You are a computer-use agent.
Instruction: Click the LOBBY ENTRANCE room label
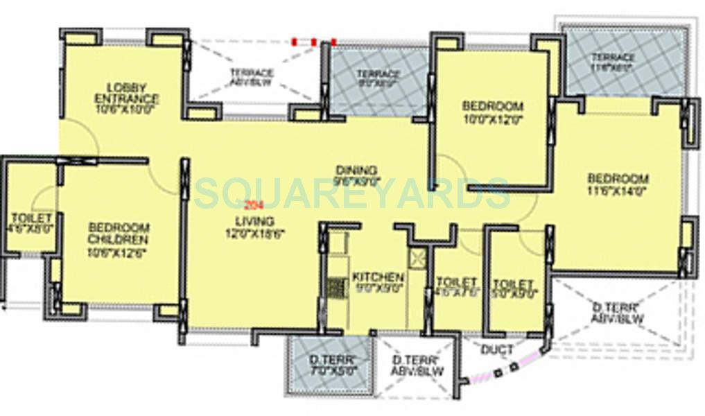pyautogui.click(x=126, y=92)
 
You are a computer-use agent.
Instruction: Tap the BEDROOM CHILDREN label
pyautogui.click(x=119, y=233)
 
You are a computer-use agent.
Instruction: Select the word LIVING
pyautogui.click(x=250, y=221)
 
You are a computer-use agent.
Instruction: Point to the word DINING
pyautogui.click(x=356, y=170)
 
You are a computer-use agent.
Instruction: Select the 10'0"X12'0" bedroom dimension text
pyautogui.click(x=493, y=119)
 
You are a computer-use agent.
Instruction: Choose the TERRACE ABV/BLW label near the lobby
pyautogui.click(x=251, y=78)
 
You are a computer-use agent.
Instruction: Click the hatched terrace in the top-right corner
pyautogui.click(x=624, y=61)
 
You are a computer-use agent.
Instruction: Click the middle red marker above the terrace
pyautogui.click(x=314, y=42)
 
